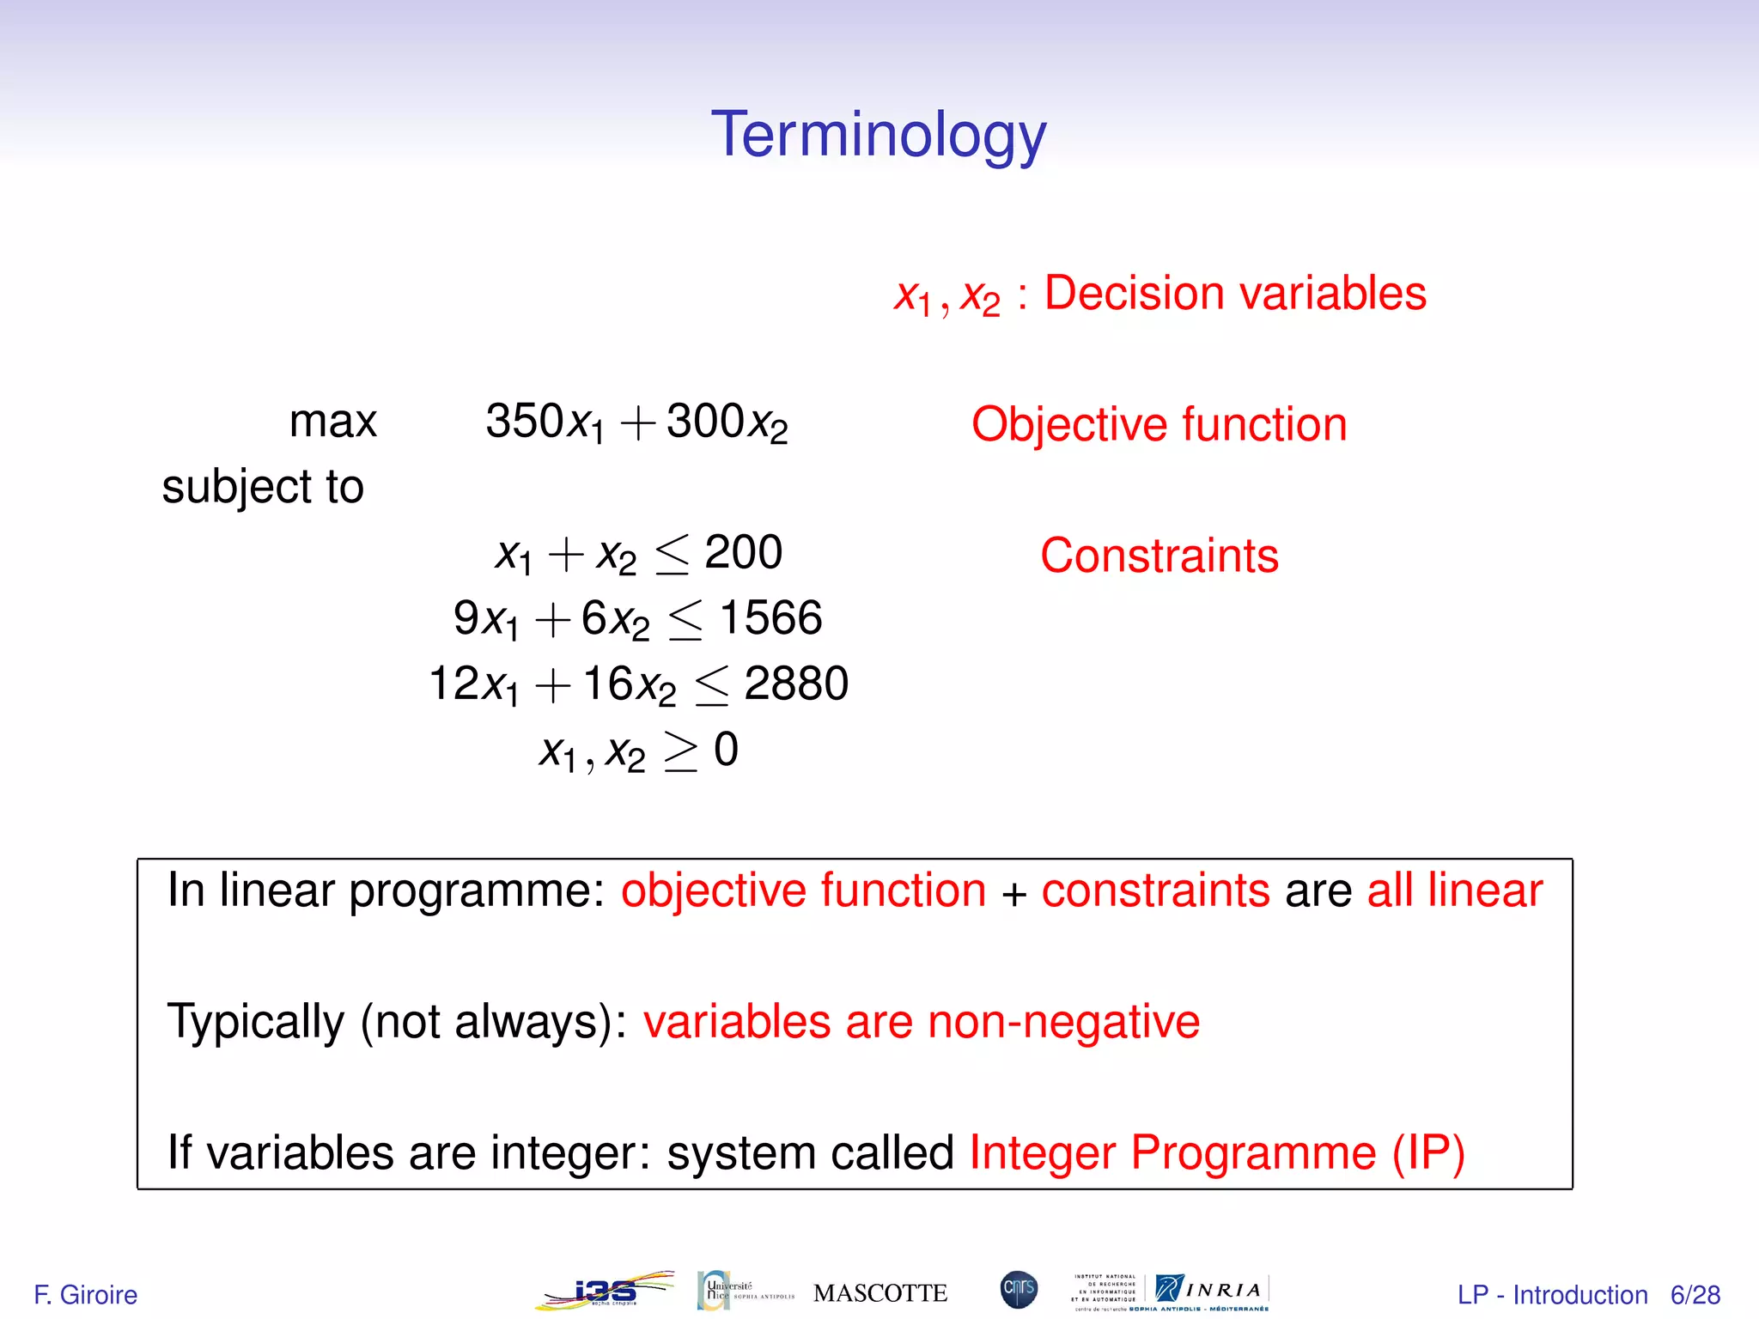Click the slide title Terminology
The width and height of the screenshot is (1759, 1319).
click(x=879, y=136)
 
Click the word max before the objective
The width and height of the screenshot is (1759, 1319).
click(x=333, y=422)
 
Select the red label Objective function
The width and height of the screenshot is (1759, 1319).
click(x=1159, y=425)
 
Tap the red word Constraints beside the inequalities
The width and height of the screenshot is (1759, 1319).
click(x=1159, y=556)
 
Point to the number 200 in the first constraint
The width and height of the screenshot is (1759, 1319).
click(x=743, y=552)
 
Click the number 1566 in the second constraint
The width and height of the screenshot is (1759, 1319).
click(x=770, y=618)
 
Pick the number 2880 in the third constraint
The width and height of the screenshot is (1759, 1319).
click(x=795, y=684)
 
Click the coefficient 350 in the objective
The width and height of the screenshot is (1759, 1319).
click(x=524, y=421)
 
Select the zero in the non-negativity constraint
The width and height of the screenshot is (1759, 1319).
click(x=726, y=750)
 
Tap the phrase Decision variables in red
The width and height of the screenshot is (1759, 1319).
click(x=1234, y=294)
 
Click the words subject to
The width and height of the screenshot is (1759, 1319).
click(x=263, y=487)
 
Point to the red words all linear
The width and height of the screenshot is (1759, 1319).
click(x=1454, y=890)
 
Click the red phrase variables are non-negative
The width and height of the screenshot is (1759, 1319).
click(x=921, y=1022)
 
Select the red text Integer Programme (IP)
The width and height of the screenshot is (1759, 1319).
click(x=1216, y=1152)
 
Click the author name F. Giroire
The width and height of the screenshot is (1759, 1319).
click(x=85, y=1294)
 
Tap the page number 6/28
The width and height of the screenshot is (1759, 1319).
click(x=1695, y=1294)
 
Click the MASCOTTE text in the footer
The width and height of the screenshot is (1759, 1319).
click(x=879, y=1293)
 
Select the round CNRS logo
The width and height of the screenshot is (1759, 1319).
click(x=1019, y=1290)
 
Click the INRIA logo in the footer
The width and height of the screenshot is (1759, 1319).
click(x=1210, y=1290)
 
